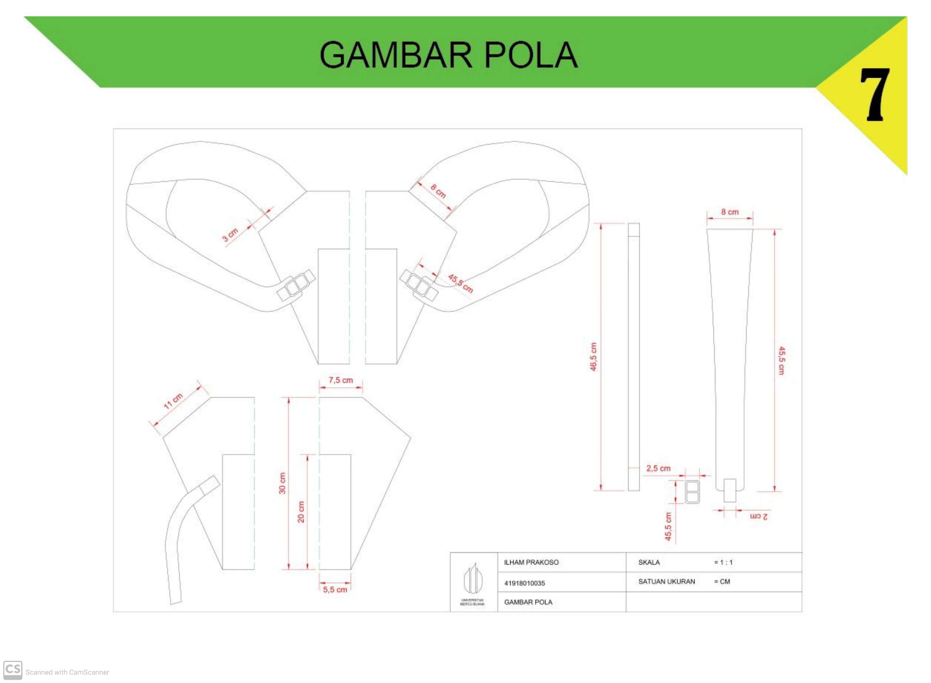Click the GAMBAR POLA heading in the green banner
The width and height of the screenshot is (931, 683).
pos(449,55)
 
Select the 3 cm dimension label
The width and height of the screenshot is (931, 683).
pos(230,234)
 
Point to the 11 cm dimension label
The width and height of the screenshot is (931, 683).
pos(173,401)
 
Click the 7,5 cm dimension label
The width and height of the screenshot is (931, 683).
pos(341,380)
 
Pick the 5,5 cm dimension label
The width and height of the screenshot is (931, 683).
pos(335,590)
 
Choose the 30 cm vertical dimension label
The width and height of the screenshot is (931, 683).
pos(283,483)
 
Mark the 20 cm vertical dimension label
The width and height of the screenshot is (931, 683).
pos(301,512)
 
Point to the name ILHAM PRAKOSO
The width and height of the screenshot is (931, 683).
pos(531,562)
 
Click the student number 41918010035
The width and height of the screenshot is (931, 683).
pos(524,583)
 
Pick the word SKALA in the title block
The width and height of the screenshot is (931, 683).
pos(649,562)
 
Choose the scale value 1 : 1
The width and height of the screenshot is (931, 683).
pos(723,562)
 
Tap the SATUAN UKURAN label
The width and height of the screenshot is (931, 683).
pos(667,581)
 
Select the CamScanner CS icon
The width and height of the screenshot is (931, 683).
pos(13,670)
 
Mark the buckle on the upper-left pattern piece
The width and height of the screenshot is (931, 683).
pos(296,285)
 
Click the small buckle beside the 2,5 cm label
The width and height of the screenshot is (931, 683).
pos(692,492)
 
